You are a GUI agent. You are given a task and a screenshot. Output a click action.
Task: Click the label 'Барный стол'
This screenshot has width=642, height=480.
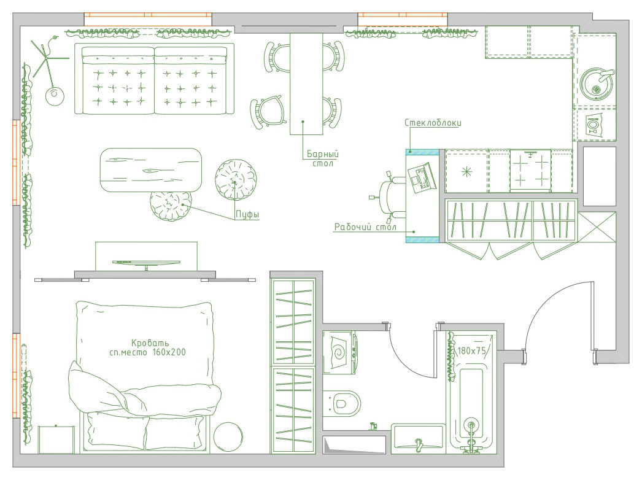(x=323, y=158)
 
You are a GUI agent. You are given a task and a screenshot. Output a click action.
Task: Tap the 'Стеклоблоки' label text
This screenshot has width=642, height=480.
(x=433, y=123)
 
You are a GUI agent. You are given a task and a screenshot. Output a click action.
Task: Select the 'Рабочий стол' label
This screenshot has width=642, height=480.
(x=365, y=227)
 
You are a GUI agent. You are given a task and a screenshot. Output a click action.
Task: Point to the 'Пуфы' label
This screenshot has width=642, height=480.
(x=247, y=215)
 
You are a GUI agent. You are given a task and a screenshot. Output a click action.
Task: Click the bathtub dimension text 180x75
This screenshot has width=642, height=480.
(x=471, y=351)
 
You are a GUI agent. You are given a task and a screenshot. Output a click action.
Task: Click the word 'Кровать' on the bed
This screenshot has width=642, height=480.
(x=150, y=343)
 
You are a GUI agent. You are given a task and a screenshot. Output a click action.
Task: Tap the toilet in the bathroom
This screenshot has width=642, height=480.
(x=341, y=403)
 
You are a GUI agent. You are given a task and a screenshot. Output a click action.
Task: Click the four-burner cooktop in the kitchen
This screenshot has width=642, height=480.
(x=530, y=170)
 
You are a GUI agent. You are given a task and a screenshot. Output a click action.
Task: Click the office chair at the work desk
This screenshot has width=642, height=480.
(x=389, y=196)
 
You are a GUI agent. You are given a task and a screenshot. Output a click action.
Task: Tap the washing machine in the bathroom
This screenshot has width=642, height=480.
(x=339, y=352)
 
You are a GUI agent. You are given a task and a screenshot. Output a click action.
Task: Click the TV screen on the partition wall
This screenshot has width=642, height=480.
(x=146, y=263)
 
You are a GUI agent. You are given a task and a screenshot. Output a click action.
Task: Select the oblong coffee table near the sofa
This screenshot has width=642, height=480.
(x=151, y=171)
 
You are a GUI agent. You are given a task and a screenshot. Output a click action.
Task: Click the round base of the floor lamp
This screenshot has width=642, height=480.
(x=55, y=96)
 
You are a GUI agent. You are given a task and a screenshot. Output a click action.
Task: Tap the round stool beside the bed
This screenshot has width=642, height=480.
(x=228, y=437)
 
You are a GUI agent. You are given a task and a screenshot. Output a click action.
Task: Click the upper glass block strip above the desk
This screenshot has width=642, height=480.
(x=422, y=152)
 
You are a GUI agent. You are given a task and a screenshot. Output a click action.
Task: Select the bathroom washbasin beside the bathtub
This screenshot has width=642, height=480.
(x=418, y=439)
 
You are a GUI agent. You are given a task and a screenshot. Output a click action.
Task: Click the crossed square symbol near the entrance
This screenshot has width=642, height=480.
(x=597, y=227)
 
